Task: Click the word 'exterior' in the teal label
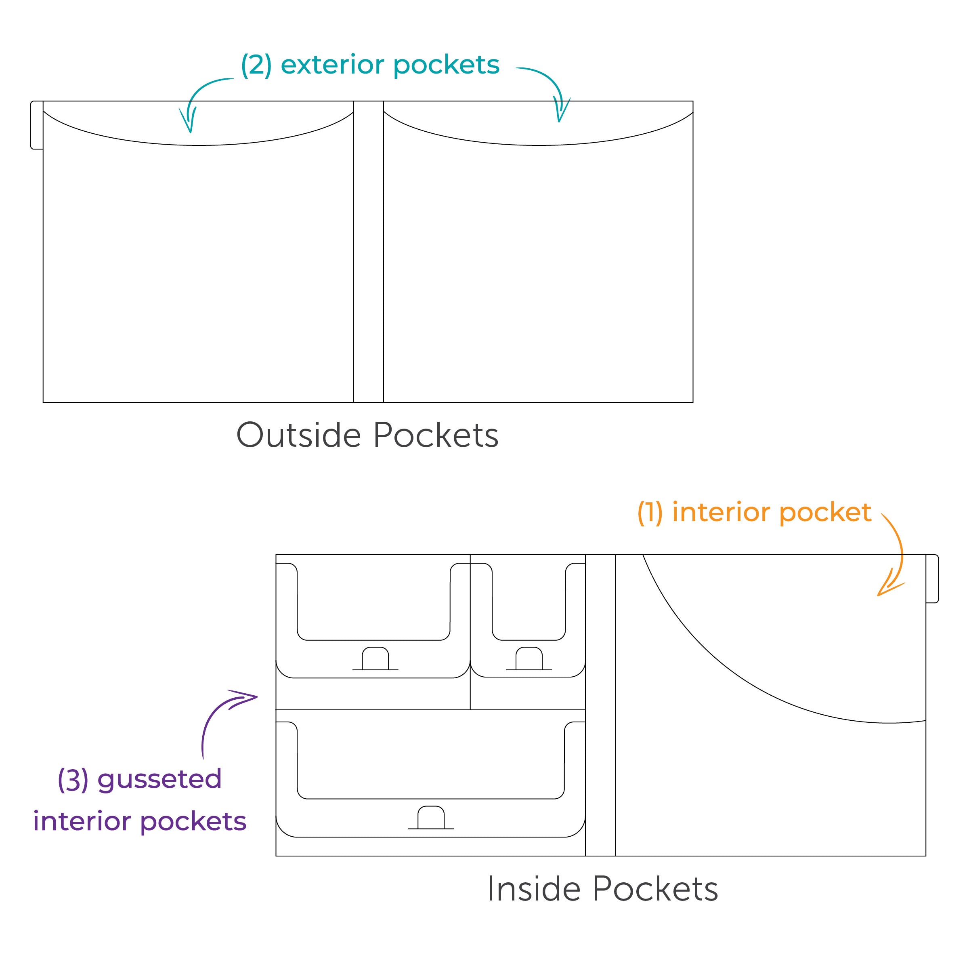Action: click(332, 65)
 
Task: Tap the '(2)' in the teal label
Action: click(256, 65)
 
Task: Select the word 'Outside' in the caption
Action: click(298, 435)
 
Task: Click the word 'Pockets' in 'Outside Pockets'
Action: click(436, 435)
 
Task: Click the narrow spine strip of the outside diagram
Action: click(368, 251)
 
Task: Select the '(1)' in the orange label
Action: click(650, 513)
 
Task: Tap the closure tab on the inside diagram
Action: click(932, 579)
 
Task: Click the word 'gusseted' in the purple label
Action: click(159, 779)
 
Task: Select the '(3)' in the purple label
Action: click(73, 779)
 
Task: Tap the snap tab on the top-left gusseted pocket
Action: click(375, 659)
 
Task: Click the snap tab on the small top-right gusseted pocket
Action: click(529, 659)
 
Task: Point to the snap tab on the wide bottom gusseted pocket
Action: click(431, 817)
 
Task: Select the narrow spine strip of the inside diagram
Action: click(600, 703)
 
